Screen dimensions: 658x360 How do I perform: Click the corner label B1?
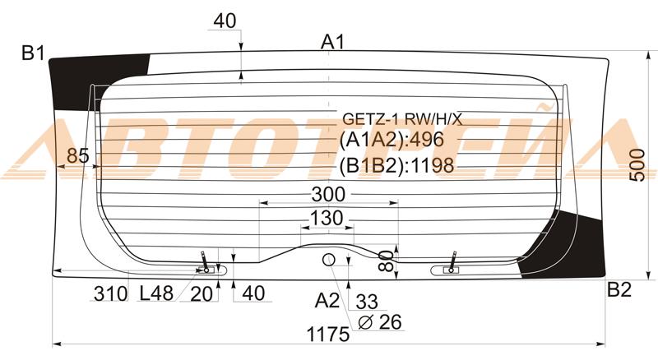click(33, 53)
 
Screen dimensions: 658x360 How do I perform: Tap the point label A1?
click(333, 42)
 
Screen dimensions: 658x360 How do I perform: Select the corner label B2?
click(619, 289)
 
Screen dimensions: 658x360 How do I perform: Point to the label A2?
click(327, 301)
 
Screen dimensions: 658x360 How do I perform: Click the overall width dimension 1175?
click(327, 335)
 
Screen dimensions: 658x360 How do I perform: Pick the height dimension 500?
click(638, 164)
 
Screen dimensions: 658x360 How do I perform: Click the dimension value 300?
click(328, 194)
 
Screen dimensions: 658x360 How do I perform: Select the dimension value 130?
click(327, 218)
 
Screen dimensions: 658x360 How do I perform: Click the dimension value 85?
click(78, 156)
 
